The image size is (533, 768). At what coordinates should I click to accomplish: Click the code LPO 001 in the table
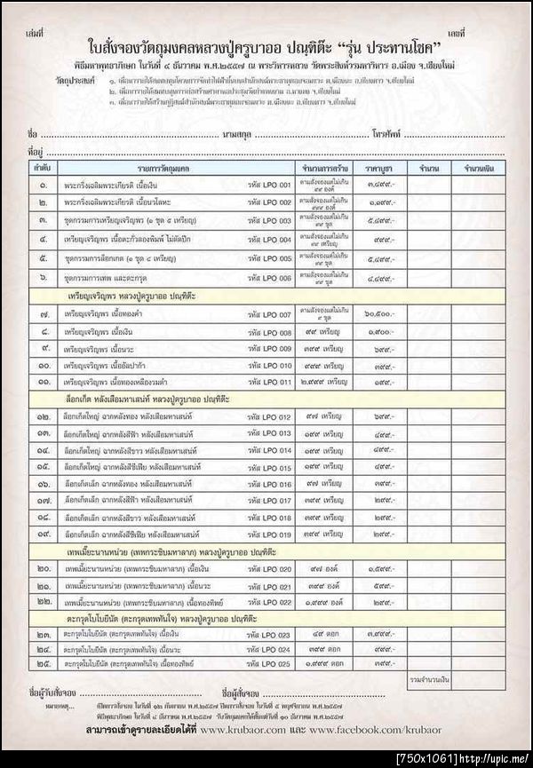(x=270, y=185)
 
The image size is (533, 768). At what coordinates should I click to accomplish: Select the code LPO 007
(x=270, y=315)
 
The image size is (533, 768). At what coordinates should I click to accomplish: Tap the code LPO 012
(x=270, y=417)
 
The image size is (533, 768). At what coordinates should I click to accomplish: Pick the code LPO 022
(x=270, y=602)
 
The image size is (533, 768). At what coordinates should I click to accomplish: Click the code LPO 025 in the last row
(x=270, y=662)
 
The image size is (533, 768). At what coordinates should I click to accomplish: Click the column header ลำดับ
(x=41, y=167)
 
